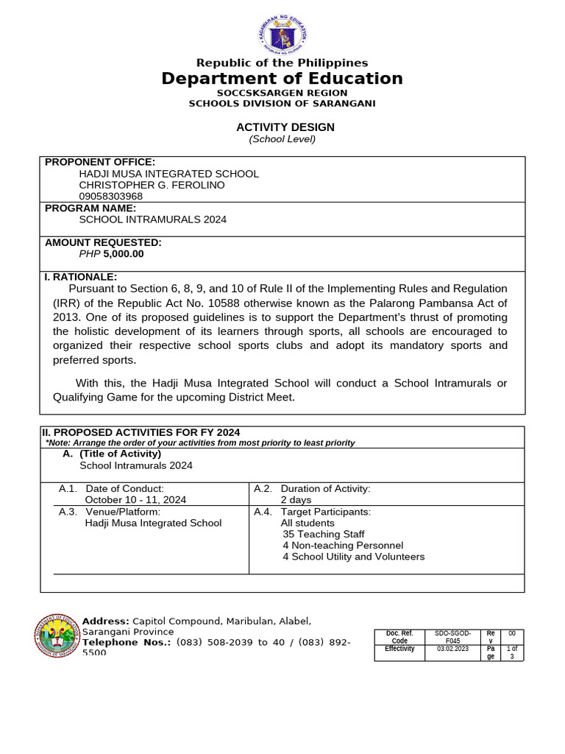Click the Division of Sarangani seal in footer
point(57,634)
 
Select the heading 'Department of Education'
point(282,79)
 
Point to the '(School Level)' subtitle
point(282,139)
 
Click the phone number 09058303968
point(111,197)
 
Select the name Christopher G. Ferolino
point(152,185)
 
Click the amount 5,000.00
point(124,254)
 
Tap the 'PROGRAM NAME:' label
point(90,208)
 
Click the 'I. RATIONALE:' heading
point(81,277)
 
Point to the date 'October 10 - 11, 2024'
point(135,499)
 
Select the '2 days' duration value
point(296,499)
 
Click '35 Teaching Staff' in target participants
point(323,534)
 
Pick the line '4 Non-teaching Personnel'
point(343,546)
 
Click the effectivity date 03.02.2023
point(452,649)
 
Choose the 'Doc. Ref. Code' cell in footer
point(399,637)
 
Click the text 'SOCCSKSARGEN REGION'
point(282,93)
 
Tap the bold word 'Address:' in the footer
point(106,621)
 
